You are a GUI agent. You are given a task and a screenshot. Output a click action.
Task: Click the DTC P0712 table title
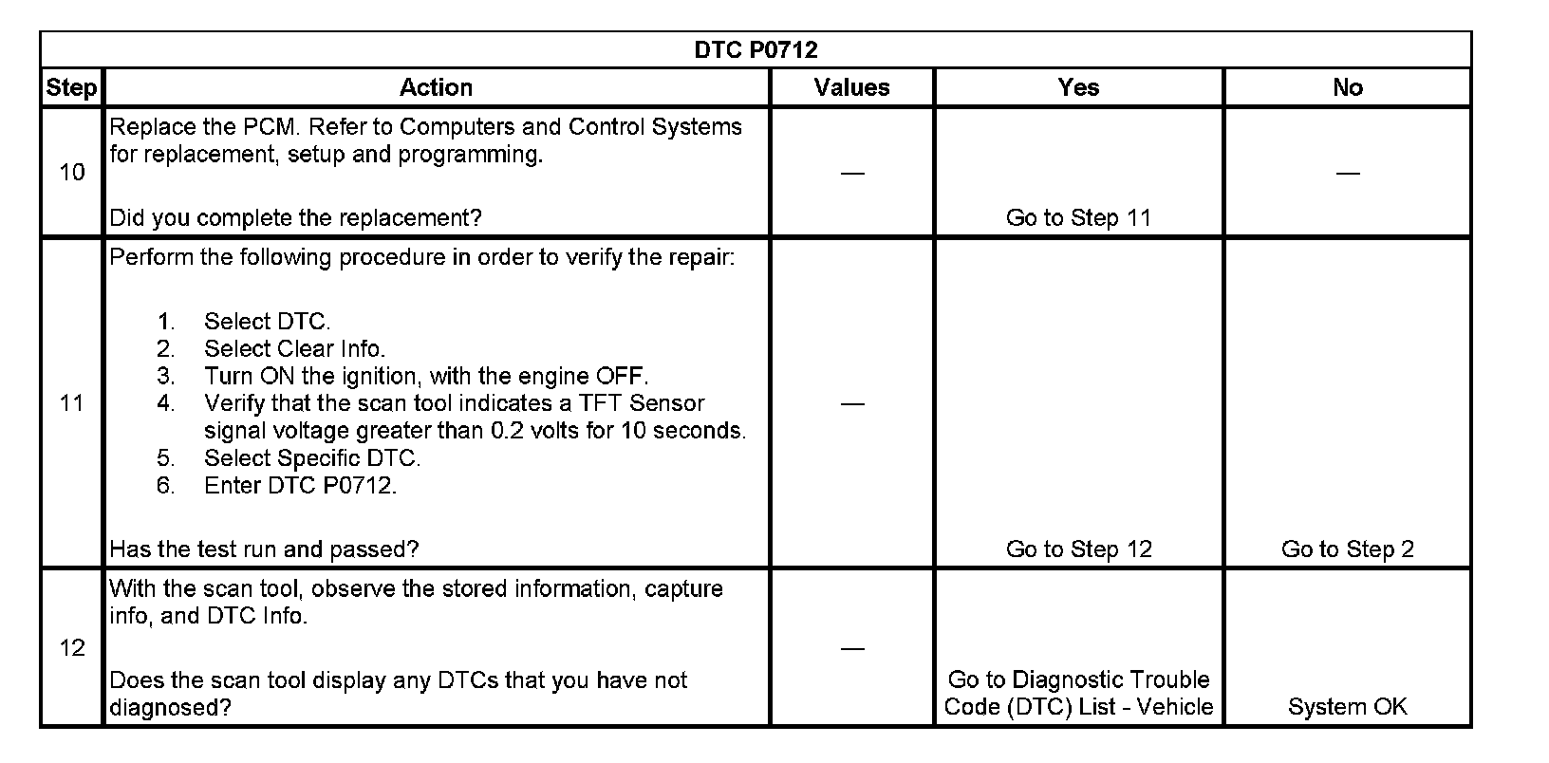tap(756, 50)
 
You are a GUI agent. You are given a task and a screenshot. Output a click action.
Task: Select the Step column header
tap(71, 88)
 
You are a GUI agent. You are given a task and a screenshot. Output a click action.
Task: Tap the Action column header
tap(436, 88)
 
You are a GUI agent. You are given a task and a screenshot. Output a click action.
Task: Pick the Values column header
tap(851, 88)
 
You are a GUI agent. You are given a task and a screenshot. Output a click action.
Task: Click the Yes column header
tap(1078, 88)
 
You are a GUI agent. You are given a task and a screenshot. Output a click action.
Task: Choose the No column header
tap(1347, 88)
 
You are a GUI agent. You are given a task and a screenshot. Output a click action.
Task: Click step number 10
tap(72, 173)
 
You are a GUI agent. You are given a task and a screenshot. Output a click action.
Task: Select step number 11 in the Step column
tap(72, 403)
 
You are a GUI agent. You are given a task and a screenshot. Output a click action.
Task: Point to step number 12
tap(72, 648)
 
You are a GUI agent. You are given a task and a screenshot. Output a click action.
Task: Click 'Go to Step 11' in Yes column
tap(1078, 218)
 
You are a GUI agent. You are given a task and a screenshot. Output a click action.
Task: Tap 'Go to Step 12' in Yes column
tap(1078, 549)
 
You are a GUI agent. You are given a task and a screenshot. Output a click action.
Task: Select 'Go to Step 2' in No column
tap(1347, 549)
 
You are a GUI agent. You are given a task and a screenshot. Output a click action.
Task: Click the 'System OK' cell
tap(1347, 707)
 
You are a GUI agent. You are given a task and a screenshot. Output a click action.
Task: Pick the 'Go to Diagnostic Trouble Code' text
tap(1078, 679)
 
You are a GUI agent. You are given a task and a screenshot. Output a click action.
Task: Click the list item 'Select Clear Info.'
tap(294, 349)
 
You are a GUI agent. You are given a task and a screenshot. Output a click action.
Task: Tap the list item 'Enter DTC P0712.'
tap(300, 486)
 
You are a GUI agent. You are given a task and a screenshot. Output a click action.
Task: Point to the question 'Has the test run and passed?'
tap(264, 549)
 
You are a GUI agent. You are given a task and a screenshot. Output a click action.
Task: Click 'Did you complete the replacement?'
tap(295, 218)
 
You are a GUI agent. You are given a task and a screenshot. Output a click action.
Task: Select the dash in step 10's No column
tap(1347, 173)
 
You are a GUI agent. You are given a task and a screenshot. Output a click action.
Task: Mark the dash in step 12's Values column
tap(851, 648)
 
